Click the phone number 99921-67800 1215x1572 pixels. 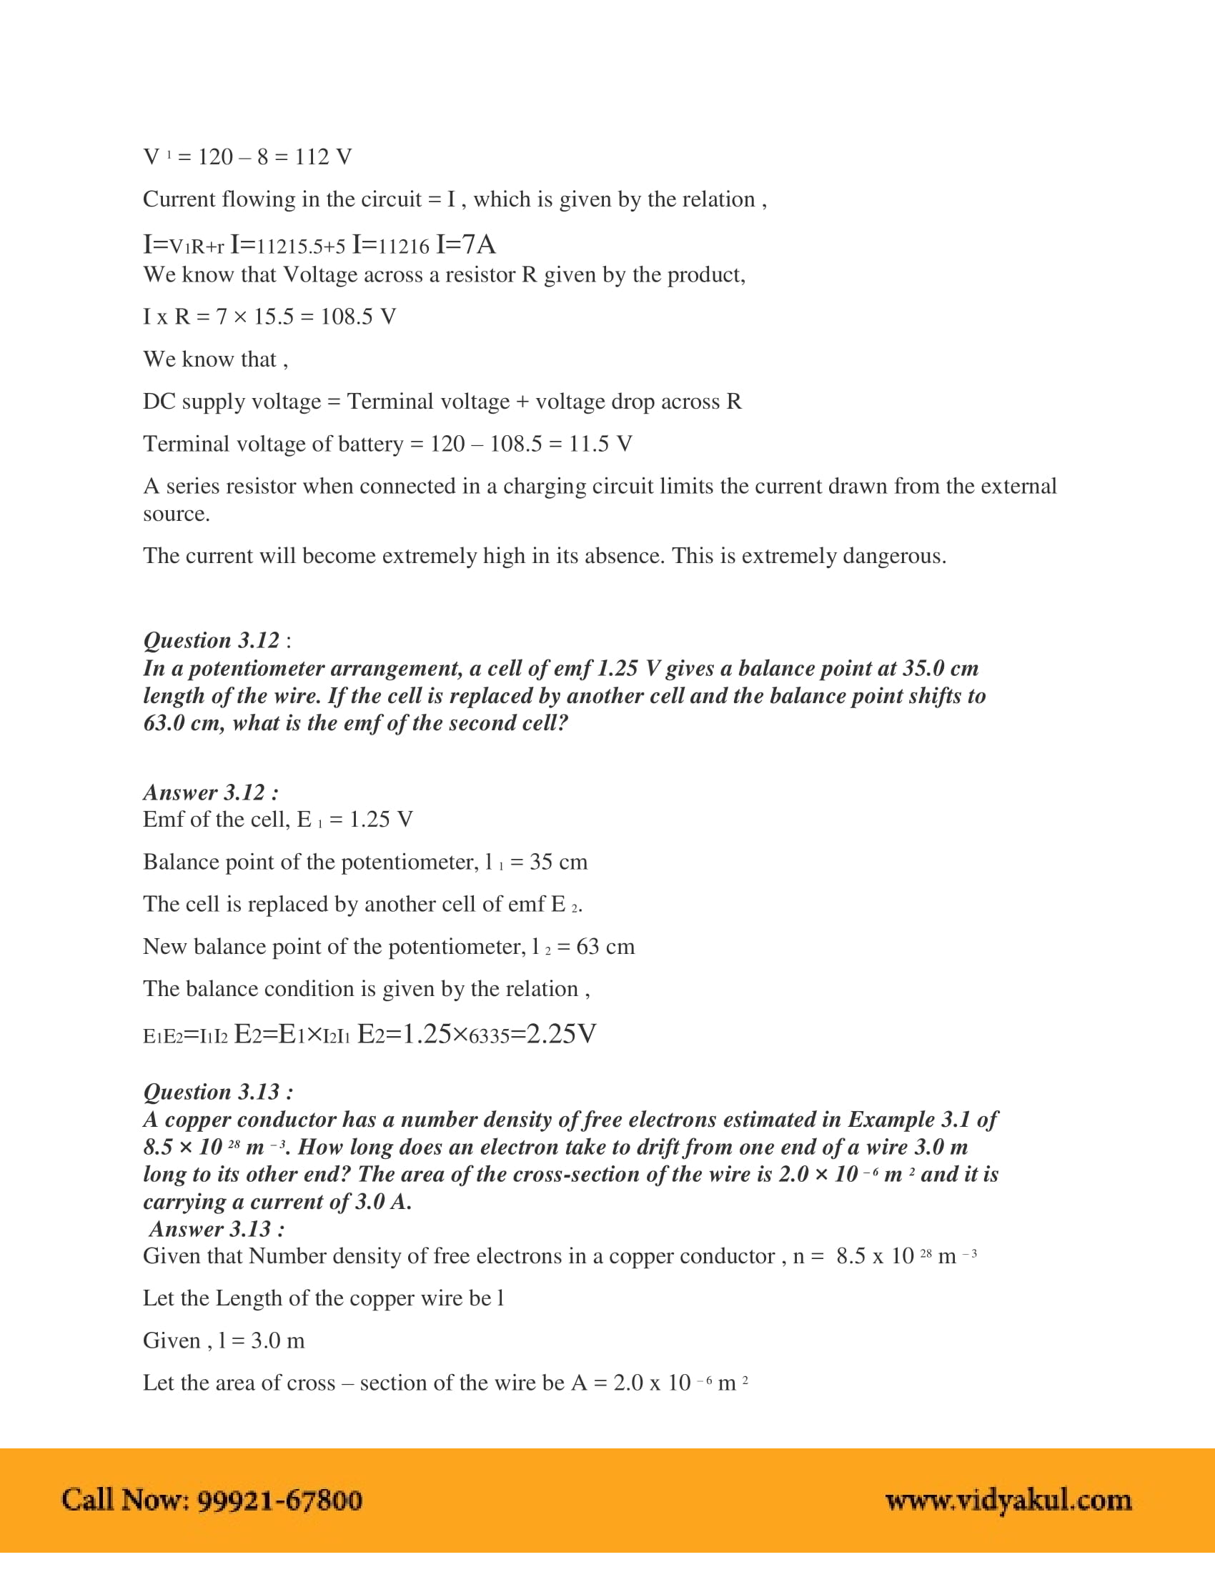tap(279, 1500)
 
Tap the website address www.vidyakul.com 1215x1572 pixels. tap(1008, 1500)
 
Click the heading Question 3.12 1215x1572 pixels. tap(211, 641)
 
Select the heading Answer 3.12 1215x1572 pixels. tap(211, 792)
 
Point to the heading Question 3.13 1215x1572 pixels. tap(217, 1092)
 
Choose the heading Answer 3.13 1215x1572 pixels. tap(217, 1229)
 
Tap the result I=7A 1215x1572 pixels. tap(466, 244)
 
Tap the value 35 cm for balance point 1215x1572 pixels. tap(558, 862)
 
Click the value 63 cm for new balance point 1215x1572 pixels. tap(605, 947)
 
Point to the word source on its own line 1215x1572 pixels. tap(176, 514)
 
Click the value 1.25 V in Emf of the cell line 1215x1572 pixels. tap(381, 819)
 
